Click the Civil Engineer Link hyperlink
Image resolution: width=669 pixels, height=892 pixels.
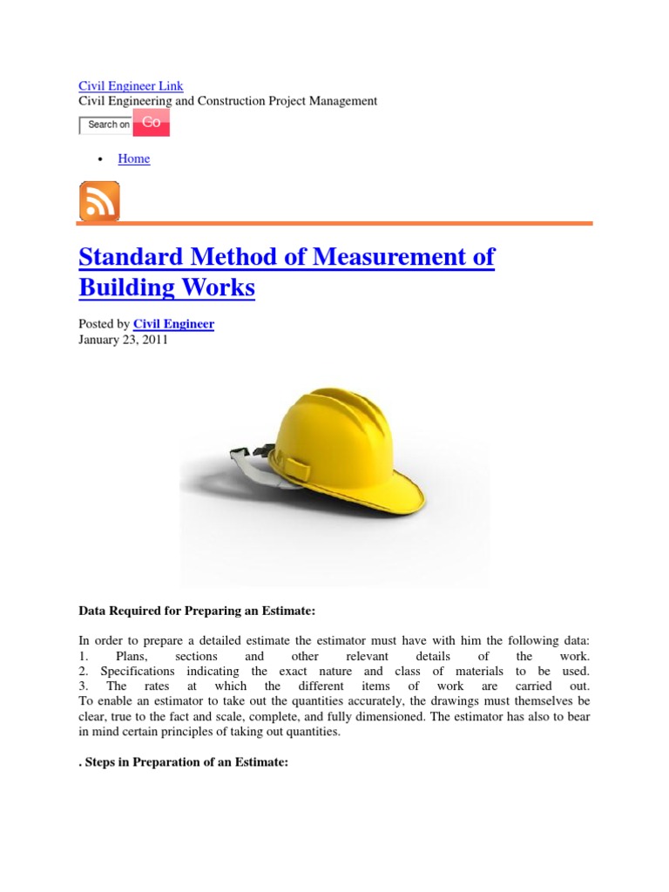click(131, 86)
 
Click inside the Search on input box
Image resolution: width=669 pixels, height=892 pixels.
click(105, 125)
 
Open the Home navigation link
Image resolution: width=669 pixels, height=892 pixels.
click(133, 159)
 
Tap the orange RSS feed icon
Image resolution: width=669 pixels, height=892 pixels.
click(99, 201)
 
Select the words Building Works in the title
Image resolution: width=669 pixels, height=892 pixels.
click(166, 287)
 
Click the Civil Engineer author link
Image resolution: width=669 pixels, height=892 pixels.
click(173, 324)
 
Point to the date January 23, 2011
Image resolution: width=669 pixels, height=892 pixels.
click(123, 340)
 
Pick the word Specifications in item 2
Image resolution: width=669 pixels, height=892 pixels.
click(137, 671)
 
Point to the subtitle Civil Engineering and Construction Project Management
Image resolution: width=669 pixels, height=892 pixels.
click(227, 101)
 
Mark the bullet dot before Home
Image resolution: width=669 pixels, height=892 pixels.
click(101, 159)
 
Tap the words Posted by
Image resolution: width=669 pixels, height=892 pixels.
click(104, 324)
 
